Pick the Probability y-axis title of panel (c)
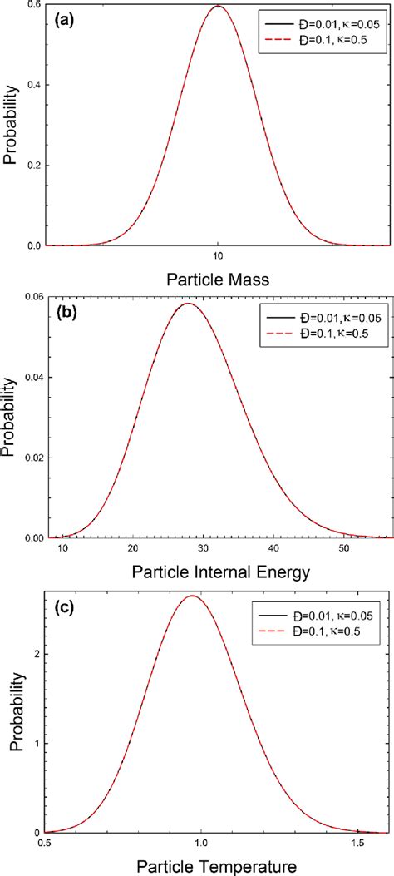tap(14, 713)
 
